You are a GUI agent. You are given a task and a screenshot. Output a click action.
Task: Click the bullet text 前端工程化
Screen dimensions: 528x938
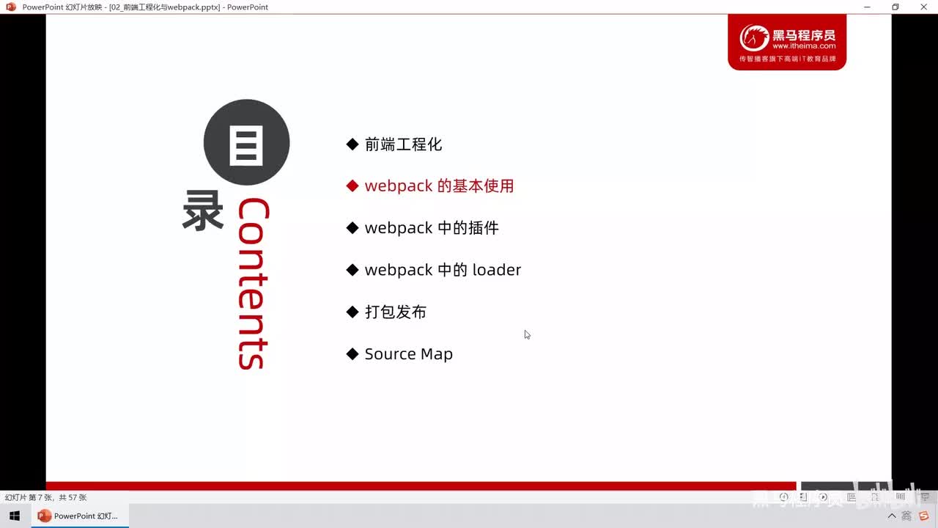tap(403, 144)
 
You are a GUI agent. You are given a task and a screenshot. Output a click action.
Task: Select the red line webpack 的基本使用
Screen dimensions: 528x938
tap(439, 186)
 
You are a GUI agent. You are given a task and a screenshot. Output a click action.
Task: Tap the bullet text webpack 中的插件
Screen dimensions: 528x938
tap(432, 228)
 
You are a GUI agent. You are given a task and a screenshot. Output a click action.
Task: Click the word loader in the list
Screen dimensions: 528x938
tap(496, 270)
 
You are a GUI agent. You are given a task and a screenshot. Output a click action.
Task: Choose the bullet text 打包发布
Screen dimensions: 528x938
tap(396, 312)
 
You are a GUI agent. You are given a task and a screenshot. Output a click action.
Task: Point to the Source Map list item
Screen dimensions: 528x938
tap(408, 354)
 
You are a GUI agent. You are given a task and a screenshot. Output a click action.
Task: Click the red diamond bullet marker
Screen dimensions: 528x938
tap(352, 186)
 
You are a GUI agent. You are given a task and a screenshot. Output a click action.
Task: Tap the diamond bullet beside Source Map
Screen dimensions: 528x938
tap(352, 354)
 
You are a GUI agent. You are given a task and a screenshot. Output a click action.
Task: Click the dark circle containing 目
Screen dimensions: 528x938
tap(246, 142)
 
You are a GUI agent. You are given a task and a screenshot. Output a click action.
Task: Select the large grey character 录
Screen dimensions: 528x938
tap(203, 211)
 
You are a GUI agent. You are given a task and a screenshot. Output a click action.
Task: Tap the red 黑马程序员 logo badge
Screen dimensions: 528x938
tap(786, 43)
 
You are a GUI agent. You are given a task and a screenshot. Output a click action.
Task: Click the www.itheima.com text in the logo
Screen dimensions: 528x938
tap(804, 46)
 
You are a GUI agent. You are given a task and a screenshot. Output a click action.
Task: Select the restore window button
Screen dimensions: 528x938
tap(895, 7)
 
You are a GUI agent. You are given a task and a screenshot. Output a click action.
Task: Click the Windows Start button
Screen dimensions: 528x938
tap(15, 516)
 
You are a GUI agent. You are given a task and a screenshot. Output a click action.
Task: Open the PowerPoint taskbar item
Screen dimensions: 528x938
tap(78, 516)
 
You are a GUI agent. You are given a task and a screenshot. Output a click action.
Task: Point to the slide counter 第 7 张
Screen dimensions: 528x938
tap(45, 497)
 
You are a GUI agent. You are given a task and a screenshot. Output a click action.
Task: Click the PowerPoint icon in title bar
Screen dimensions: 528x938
tap(11, 7)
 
